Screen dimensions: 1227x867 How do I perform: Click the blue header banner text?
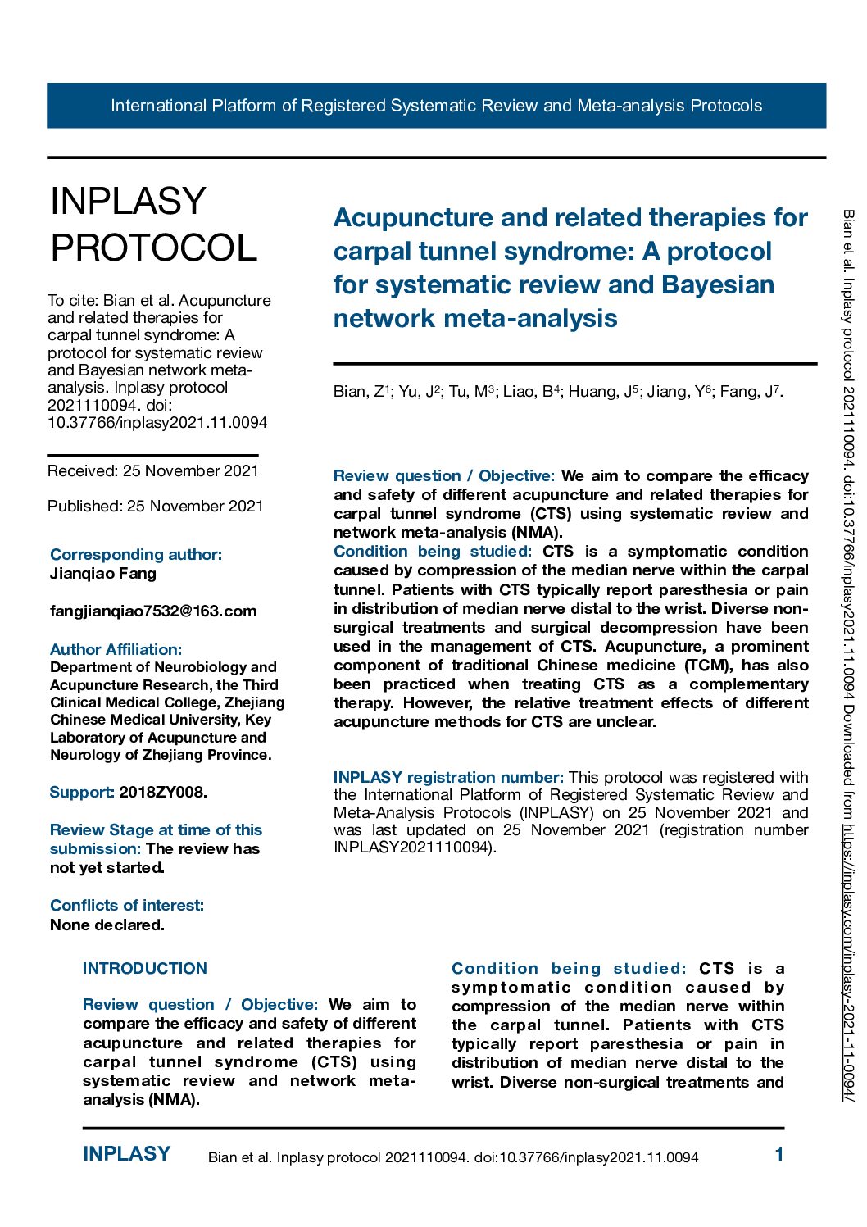(436, 106)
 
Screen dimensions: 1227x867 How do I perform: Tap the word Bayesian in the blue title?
(718, 285)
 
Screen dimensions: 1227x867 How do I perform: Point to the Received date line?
(153, 471)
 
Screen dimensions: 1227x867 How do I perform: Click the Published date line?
(156, 507)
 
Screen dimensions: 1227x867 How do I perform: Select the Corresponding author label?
(136, 555)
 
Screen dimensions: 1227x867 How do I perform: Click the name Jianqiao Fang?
(103, 574)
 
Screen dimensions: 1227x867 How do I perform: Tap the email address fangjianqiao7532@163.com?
(153, 611)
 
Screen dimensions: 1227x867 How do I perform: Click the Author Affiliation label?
(116, 650)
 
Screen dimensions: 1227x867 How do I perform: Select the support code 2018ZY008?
(163, 793)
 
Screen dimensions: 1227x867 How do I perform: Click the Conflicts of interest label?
(127, 906)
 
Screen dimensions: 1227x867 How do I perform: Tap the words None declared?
(107, 925)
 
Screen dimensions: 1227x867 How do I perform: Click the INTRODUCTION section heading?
(145, 969)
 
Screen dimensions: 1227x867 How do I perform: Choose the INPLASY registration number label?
(448, 777)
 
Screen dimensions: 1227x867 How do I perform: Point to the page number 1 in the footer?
(779, 1155)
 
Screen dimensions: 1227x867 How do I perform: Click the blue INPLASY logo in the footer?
(127, 1154)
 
